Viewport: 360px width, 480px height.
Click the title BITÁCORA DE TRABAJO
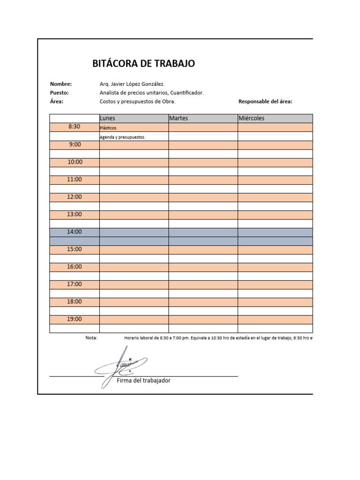coord(144,64)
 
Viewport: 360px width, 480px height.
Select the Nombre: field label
coord(61,84)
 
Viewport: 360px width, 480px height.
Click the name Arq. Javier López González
coord(132,84)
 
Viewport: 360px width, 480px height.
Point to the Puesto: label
coord(60,93)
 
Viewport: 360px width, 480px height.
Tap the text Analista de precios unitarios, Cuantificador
coord(152,93)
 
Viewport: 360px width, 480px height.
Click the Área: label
coord(57,101)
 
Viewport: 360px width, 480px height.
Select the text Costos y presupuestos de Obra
coord(137,101)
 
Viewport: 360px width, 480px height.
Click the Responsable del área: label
coord(265,101)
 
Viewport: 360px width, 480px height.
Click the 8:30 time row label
coord(75,127)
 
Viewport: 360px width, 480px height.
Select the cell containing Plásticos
coord(134,127)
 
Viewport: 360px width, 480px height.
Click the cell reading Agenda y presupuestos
coord(134,137)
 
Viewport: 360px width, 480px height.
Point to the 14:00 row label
coord(75,232)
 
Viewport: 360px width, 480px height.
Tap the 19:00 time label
coord(75,319)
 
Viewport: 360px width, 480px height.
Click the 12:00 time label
coord(75,197)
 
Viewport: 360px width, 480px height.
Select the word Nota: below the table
coord(91,337)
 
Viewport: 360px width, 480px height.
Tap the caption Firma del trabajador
coord(143,381)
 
